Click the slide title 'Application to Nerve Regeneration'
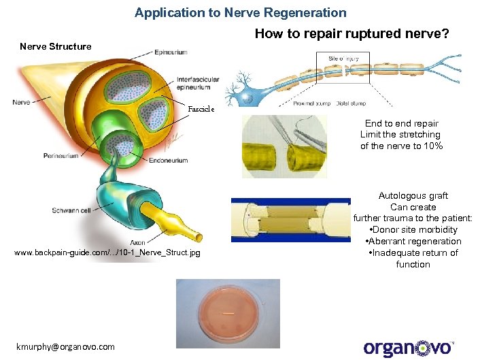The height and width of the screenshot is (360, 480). click(240, 12)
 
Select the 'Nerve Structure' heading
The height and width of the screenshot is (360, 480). click(55, 46)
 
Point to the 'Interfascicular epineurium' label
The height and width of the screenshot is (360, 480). click(198, 83)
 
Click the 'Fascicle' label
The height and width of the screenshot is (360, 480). click(201, 109)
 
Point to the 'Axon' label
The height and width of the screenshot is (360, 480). click(137, 243)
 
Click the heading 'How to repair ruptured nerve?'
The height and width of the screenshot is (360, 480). click(352, 33)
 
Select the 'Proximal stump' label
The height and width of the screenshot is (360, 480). click(311, 104)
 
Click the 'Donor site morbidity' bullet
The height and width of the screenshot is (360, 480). click(414, 230)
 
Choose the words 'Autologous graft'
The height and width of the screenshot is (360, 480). click(413, 196)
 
